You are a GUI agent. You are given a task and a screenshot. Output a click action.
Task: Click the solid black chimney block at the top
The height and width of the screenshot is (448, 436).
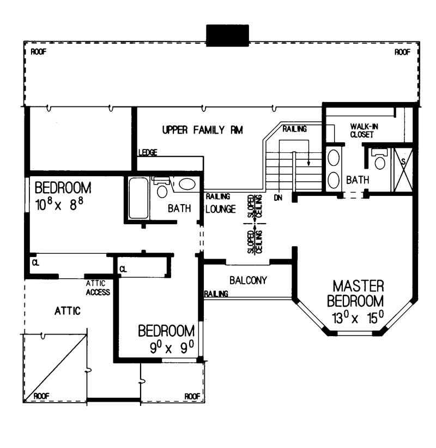pyautogui.click(x=227, y=35)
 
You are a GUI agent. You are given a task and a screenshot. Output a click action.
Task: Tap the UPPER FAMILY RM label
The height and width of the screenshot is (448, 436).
pyautogui.click(x=202, y=130)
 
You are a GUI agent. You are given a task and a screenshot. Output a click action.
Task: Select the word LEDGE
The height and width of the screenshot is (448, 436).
pyautogui.click(x=148, y=153)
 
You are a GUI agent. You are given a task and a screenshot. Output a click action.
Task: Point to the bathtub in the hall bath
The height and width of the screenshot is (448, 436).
pyautogui.click(x=138, y=198)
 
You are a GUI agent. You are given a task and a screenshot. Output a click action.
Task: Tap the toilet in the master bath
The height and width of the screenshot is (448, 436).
pyautogui.click(x=380, y=160)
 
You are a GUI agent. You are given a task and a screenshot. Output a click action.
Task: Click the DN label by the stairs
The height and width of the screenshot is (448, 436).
pyautogui.click(x=278, y=198)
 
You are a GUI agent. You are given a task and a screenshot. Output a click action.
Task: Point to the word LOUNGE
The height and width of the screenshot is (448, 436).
pyautogui.click(x=221, y=209)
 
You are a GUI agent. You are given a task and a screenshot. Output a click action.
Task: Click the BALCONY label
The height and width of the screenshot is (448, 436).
pyautogui.click(x=248, y=280)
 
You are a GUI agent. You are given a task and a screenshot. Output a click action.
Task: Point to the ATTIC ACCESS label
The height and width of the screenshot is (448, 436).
pyautogui.click(x=98, y=288)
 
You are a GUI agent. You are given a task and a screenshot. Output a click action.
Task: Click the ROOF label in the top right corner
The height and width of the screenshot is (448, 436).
pyautogui.click(x=402, y=52)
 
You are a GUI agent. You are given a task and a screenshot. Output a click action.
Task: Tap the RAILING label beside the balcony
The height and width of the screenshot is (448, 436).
pyautogui.click(x=216, y=294)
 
